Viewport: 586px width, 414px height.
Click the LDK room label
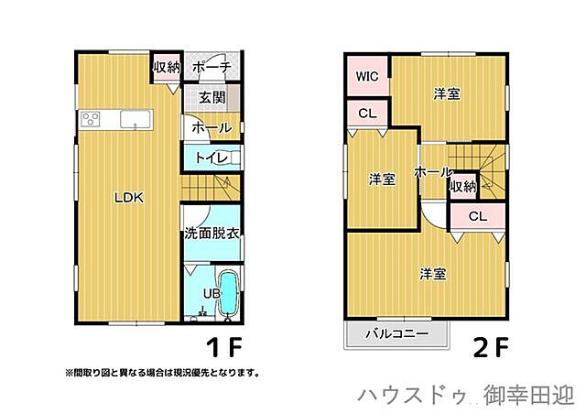[x=129, y=197]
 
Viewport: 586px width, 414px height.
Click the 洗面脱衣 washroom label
[x=212, y=234]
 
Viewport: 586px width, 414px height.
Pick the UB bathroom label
[x=210, y=294]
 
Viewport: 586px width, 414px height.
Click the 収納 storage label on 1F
[x=166, y=67]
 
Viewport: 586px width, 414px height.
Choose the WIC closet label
[x=368, y=76]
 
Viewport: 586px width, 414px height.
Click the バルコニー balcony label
[x=397, y=333]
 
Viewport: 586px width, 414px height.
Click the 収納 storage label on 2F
[x=463, y=186]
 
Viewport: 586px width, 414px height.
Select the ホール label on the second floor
[x=432, y=172]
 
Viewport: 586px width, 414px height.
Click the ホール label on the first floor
[x=212, y=128]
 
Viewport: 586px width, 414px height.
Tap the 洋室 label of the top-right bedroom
[x=447, y=93]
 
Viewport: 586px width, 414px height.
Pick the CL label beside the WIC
[x=367, y=114]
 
